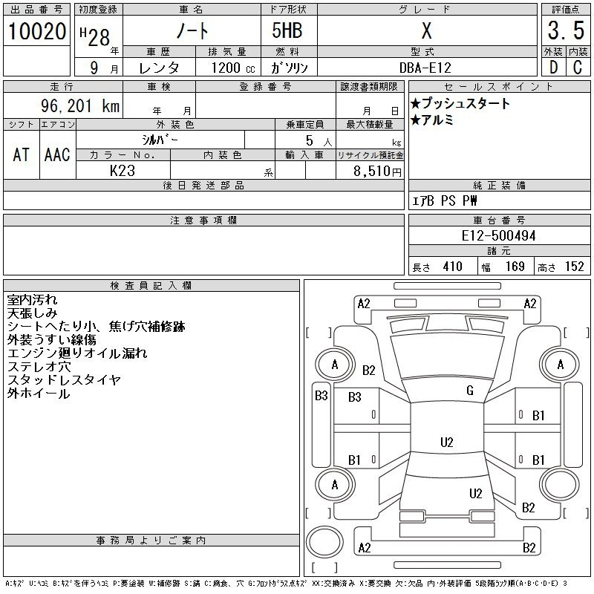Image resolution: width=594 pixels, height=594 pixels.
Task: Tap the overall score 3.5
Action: (564, 32)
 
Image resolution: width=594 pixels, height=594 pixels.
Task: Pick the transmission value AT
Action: (21, 154)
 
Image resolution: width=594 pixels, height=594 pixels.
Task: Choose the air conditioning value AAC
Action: (57, 154)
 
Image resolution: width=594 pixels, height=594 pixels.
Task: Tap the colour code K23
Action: (122, 170)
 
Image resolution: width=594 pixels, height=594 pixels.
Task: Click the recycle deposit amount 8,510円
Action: (378, 172)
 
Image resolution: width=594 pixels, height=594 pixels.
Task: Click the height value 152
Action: (573, 267)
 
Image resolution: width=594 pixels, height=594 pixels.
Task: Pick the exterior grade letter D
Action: (552, 68)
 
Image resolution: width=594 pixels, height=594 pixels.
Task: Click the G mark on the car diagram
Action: (470, 391)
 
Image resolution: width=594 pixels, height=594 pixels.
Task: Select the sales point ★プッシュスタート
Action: (460, 104)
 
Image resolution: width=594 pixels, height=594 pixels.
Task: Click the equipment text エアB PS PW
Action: (445, 200)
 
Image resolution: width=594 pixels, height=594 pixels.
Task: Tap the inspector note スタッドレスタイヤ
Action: (64, 380)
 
